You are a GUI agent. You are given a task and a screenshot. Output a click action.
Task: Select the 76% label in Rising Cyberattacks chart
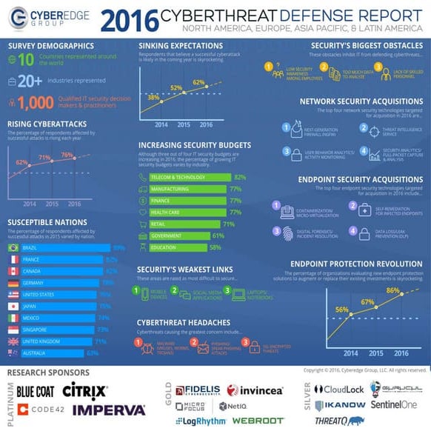67,155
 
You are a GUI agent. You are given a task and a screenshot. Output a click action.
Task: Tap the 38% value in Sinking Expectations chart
153,97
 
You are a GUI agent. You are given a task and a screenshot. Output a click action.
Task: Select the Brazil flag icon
13,248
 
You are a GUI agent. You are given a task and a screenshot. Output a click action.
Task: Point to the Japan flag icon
13,307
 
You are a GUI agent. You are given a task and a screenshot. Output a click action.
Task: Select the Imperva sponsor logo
109,410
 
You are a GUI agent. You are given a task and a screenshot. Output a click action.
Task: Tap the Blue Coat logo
35,390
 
